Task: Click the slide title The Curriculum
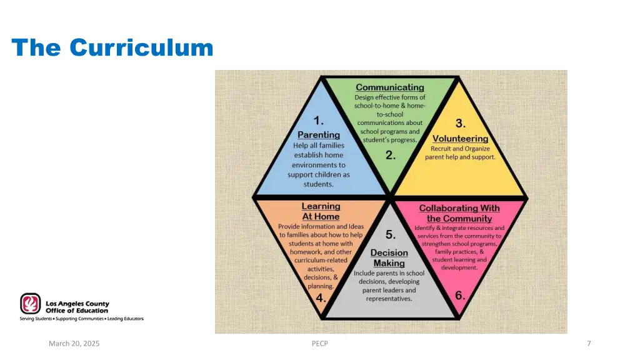112,47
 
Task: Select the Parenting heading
319,134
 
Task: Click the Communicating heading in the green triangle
390,87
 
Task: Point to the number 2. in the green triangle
391,156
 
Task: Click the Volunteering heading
461,139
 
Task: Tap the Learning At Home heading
321,211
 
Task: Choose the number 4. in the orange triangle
321,298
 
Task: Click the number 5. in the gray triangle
391,235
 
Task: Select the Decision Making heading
389,257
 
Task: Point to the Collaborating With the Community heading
459,213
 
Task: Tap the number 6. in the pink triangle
460,295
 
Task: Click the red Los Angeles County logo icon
30,304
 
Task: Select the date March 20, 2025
74,343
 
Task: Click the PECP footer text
319,343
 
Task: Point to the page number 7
589,343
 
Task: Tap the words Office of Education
76,310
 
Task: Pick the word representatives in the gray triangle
389,299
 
